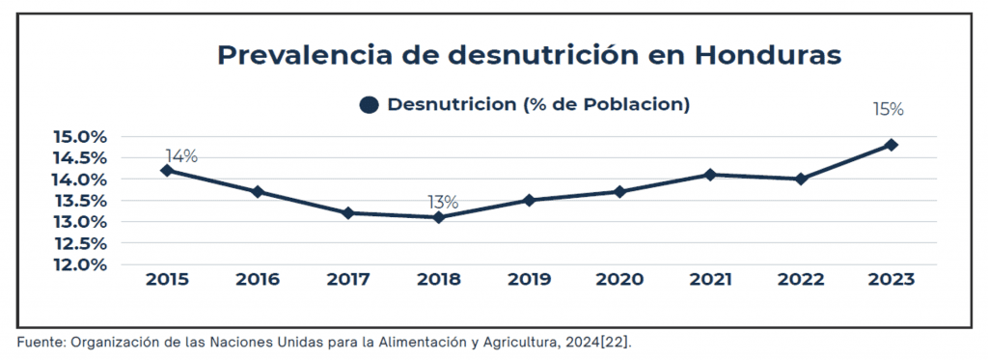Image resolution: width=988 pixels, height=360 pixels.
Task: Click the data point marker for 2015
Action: pyautogui.click(x=167, y=170)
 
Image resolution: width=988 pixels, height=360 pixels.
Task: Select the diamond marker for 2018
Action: pyautogui.click(x=439, y=217)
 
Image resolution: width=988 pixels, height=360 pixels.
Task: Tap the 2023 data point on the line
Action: pyautogui.click(x=891, y=145)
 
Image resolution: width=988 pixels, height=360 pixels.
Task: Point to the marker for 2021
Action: pyautogui.click(x=710, y=175)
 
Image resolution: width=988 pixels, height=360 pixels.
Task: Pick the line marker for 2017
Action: pyautogui.click(x=348, y=213)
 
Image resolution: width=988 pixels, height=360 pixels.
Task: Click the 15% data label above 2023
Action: pyautogui.click(x=889, y=110)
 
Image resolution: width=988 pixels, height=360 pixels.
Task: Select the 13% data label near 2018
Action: pyautogui.click(x=443, y=203)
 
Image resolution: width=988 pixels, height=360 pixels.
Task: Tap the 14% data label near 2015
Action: pyautogui.click(x=181, y=156)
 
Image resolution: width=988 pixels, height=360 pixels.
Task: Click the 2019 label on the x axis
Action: pyautogui.click(x=530, y=280)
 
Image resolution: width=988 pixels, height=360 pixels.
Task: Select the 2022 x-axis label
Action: pyautogui.click(x=801, y=280)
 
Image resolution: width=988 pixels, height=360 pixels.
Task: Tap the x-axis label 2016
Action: pyautogui.click(x=258, y=280)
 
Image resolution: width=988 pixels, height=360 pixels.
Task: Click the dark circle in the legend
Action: pyautogui.click(x=370, y=104)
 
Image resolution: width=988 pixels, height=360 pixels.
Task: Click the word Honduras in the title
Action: pyautogui.click(x=767, y=55)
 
